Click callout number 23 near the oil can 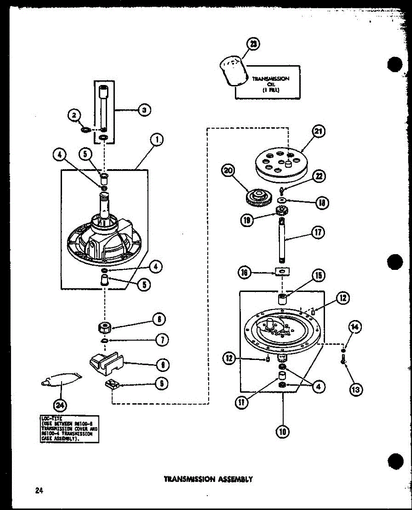click(x=254, y=44)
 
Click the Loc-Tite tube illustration click(x=62, y=379)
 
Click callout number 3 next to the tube click(x=144, y=110)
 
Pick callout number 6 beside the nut click(x=159, y=319)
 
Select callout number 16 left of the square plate click(x=245, y=273)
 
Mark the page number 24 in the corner click(x=40, y=491)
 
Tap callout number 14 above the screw click(x=354, y=327)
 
